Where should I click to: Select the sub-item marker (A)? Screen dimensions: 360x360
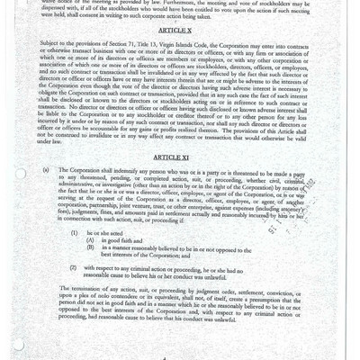pyautogui.click(x=90, y=264)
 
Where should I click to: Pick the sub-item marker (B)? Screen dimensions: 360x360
pyautogui.click(x=90, y=272)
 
